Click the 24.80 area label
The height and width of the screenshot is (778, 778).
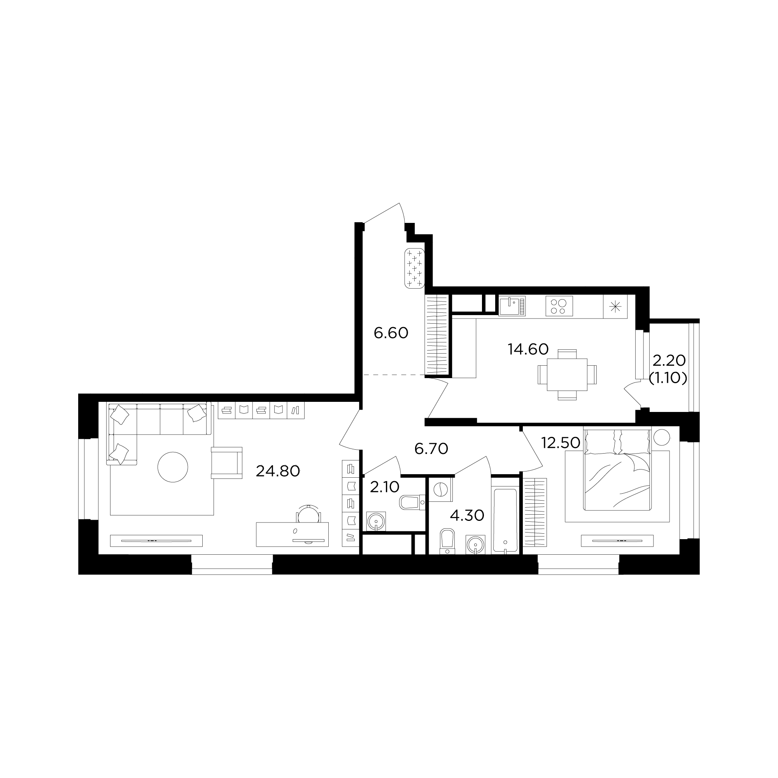pyautogui.click(x=278, y=471)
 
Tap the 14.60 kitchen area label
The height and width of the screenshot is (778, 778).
pyautogui.click(x=528, y=349)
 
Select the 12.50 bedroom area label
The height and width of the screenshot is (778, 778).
pyautogui.click(x=561, y=443)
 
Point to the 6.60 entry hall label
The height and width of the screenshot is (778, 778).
pyautogui.click(x=391, y=333)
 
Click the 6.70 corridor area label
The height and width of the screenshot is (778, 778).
pyautogui.click(x=431, y=449)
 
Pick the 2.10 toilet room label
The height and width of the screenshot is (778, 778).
pyautogui.click(x=384, y=487)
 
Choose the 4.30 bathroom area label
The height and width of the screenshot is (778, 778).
pyautogui.click(x=467, y=515)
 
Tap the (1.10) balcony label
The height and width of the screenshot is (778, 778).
pyautogui.click(x=668, y=378)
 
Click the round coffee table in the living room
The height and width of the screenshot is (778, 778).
pyautogui.click(x=173, y=467)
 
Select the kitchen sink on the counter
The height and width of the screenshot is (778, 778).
pyautogui.click(x=512, y=307)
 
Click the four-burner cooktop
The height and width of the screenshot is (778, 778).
pyautogui.click(x=559, y=307)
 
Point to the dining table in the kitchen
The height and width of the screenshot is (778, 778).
pyautogui.click(x=567, y=375)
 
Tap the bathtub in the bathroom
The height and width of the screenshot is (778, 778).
pyautogui.click(x=505, y=521)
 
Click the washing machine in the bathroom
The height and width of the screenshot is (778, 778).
pyautogui.click(x=440, y=489)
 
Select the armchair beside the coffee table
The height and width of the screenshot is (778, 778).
pyautogui.click(x=227, y=463)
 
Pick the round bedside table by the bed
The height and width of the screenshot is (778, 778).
pyautogui.click(x=662, y=437)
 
